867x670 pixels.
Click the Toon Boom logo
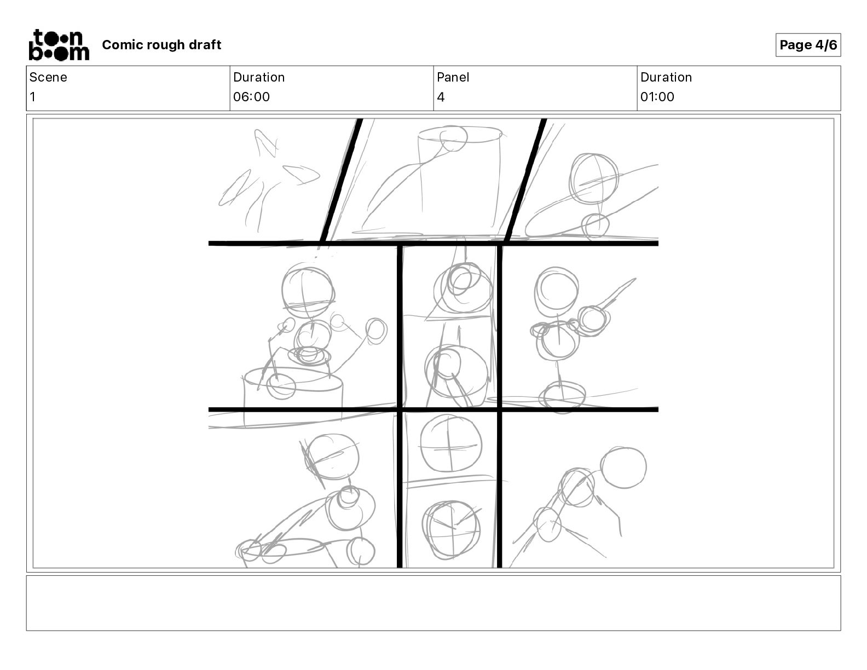pos(60,45)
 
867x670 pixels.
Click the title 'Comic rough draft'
pos(161,45)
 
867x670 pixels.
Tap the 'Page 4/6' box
pos(808,45)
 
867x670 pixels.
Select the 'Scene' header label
pos(48,77)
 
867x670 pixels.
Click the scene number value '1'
pos(33,96)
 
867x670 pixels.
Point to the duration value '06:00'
pos(251,96)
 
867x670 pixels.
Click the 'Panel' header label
pos(453,77)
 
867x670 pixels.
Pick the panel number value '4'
pos(441,96)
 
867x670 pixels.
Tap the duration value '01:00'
pos(657,96)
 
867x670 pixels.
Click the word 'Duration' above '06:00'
pos(259,77)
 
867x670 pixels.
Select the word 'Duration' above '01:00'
pos(666,77)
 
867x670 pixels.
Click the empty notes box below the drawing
pos(433,603)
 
